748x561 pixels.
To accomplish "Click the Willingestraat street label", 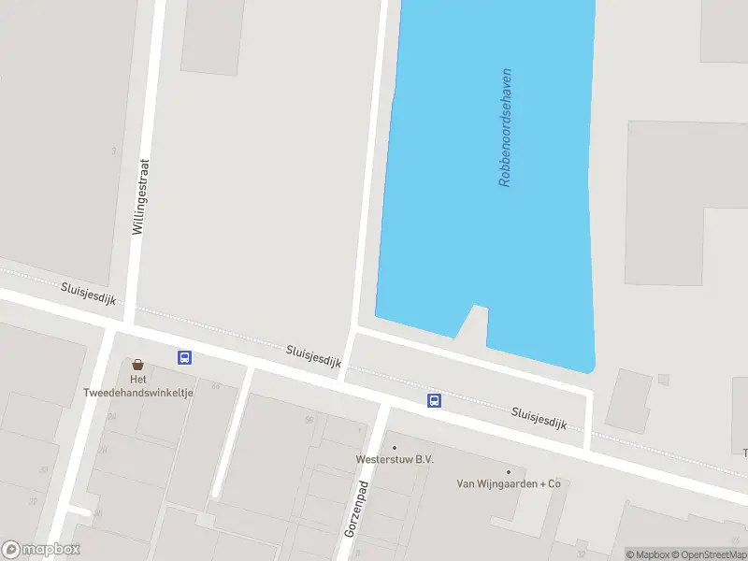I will (x=141, y=195).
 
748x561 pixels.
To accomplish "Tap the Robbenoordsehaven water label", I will (x=506, y=127).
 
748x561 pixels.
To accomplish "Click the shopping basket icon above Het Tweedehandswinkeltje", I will (x=138, y=365).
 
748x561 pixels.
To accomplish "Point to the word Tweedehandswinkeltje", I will (x=138, y=393).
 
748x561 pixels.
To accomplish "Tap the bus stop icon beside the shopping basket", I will (x=184, y=357).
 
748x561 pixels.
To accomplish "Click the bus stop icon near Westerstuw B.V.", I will (x=434, y=400).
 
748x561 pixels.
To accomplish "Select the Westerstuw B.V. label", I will (x=395, y=459).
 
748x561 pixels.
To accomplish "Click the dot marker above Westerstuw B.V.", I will (x=394, y=447).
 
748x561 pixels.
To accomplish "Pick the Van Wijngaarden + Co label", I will (x=508, y=483).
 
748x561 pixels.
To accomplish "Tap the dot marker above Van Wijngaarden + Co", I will (x=508, y=471).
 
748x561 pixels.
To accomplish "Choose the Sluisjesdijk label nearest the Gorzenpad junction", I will (x=313, y=360).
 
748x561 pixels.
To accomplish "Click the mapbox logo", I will (x=41, y=549).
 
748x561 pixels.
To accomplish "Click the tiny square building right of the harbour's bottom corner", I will (x=664, y=380).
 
